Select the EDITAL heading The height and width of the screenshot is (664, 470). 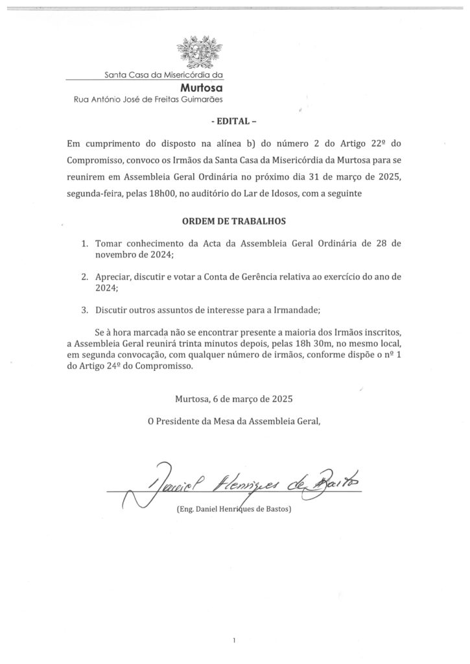[x=235, y=121]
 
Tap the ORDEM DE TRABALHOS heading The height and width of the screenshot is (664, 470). [x=235, y=221]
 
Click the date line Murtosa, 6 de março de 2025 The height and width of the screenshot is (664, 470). [x=234, y=399]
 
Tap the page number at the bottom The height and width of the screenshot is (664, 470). [x=233, y=640]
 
